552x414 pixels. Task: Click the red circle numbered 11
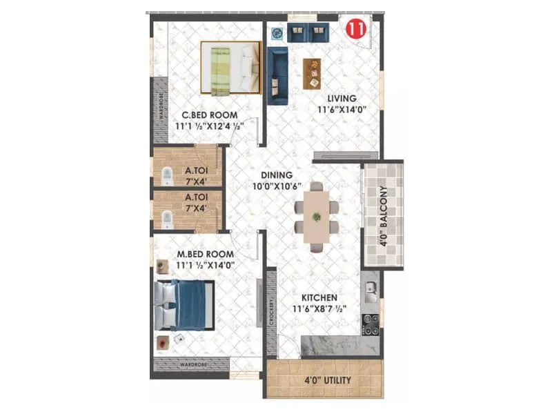[x=355, y=30]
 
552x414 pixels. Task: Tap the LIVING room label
[x=341, y=98]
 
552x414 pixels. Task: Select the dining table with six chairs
[x=316, y=216]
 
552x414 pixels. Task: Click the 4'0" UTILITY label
[x=328, y=380]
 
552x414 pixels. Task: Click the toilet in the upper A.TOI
[x=166, y=177]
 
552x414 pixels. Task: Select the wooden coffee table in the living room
[x=312, y=71]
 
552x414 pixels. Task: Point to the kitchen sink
[x=371, y=288]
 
